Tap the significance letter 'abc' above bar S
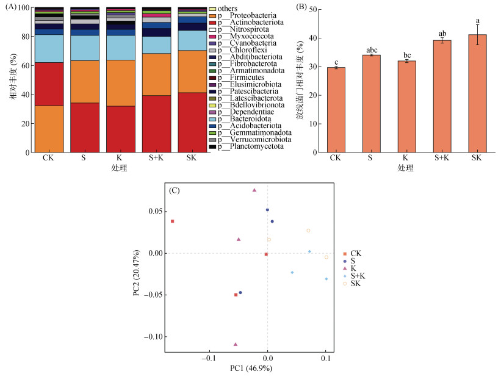click(x=370, y=50)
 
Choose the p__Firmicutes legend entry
click(x=238, y=77)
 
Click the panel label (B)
click(x=302, y=7)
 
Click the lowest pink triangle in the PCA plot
click(x=236, y=345)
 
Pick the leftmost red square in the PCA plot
click(x=173, y=221)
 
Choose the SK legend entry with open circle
click(x=355, y=284)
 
